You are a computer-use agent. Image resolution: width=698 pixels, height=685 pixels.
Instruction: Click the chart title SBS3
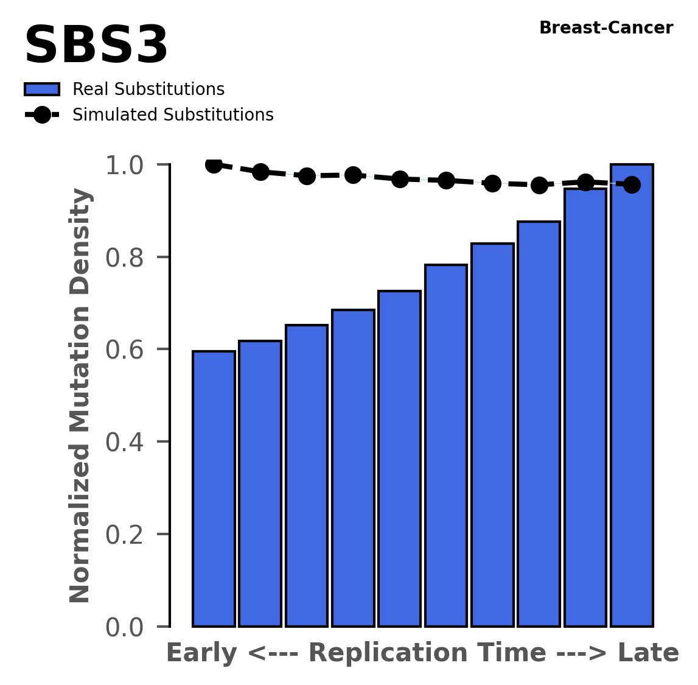(x=96, y=46)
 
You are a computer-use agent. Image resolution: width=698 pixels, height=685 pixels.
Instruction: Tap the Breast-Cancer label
(x=606, y=28)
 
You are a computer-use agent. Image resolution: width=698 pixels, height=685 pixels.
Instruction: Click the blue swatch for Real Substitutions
(x=42, y=90)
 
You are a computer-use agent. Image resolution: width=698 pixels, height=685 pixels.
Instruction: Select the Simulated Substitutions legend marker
(x=42, y=115)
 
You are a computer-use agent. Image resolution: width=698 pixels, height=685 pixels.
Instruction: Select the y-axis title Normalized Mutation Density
(x=80, y=396)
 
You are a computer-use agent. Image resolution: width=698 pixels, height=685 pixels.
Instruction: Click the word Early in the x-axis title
(x=202, y=654)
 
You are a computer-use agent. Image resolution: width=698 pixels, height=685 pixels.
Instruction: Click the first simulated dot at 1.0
(x=214, y=164)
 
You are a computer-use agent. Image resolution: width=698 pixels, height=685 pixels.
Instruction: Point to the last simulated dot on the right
(x=632, y=184)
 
